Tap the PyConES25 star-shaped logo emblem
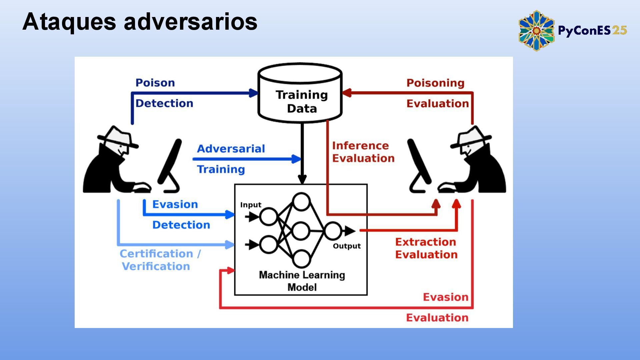point(536,31)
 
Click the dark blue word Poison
point(155,83)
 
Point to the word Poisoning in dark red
point(435,83)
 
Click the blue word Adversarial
point(231,149)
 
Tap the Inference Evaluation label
point(363,152)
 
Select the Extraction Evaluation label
point(426,248)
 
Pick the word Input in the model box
point(251,205)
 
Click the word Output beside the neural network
point(347,246)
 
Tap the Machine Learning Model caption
point(302,281)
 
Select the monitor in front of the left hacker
point(170,165)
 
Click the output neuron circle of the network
point(333,230)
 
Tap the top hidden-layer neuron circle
point(301,201)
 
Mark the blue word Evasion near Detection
point(175,204)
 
